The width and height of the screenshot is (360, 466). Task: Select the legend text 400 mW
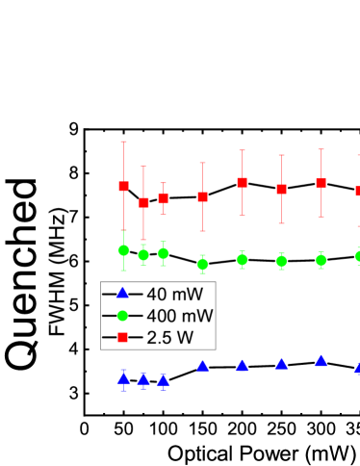point(179,316)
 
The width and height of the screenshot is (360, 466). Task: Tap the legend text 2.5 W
point(169,338)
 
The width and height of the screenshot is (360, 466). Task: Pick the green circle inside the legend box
point(122,316)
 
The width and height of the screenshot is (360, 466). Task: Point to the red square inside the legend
point(122,338)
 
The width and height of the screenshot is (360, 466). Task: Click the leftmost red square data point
point(123,186)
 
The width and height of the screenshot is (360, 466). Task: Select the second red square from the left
point(143,202)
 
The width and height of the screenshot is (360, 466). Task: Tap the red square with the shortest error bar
point(164,198)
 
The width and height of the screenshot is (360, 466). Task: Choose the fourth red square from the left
point(202,196)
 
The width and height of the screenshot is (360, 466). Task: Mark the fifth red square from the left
point(243,182)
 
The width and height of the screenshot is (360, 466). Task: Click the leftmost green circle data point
point(123,250)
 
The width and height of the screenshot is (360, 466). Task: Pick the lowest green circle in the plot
point(202,264)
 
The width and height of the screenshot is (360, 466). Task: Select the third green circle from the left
point(164,253)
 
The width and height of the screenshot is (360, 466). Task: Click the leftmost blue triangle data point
point(123,378)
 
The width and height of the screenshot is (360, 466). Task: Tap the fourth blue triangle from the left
point(202,366)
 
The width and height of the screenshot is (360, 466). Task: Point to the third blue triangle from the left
point(164,380)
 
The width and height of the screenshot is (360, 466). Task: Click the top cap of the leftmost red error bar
point(123,142)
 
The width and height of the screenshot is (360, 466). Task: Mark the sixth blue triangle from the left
point(281,364)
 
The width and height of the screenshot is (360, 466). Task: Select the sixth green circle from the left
point(281,260)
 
